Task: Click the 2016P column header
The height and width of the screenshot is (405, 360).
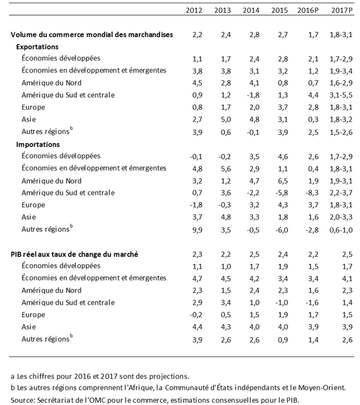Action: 308,10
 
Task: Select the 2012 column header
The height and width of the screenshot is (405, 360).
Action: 194,10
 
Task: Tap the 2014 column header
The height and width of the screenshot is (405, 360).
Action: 251,10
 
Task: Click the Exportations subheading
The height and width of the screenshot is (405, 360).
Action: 37,47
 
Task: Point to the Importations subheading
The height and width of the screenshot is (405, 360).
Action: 38,145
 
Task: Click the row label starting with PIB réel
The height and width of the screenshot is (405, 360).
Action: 75,255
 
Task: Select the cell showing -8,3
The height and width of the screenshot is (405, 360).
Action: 312,193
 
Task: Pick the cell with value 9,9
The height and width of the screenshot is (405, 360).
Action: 197,230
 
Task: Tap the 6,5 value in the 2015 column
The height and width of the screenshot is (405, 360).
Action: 283,181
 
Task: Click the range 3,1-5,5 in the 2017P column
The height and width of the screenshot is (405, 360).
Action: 341,95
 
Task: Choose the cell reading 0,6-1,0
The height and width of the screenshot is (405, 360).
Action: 341,230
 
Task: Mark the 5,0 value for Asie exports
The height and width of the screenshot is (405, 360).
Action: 226,120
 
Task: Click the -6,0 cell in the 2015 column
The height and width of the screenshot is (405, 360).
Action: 281,230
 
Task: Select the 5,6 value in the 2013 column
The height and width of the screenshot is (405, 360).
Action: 226,169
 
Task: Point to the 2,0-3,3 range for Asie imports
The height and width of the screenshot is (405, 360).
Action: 341,217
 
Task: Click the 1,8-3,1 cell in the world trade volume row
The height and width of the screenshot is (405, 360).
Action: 341,35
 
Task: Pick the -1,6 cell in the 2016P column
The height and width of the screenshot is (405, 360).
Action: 312,303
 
